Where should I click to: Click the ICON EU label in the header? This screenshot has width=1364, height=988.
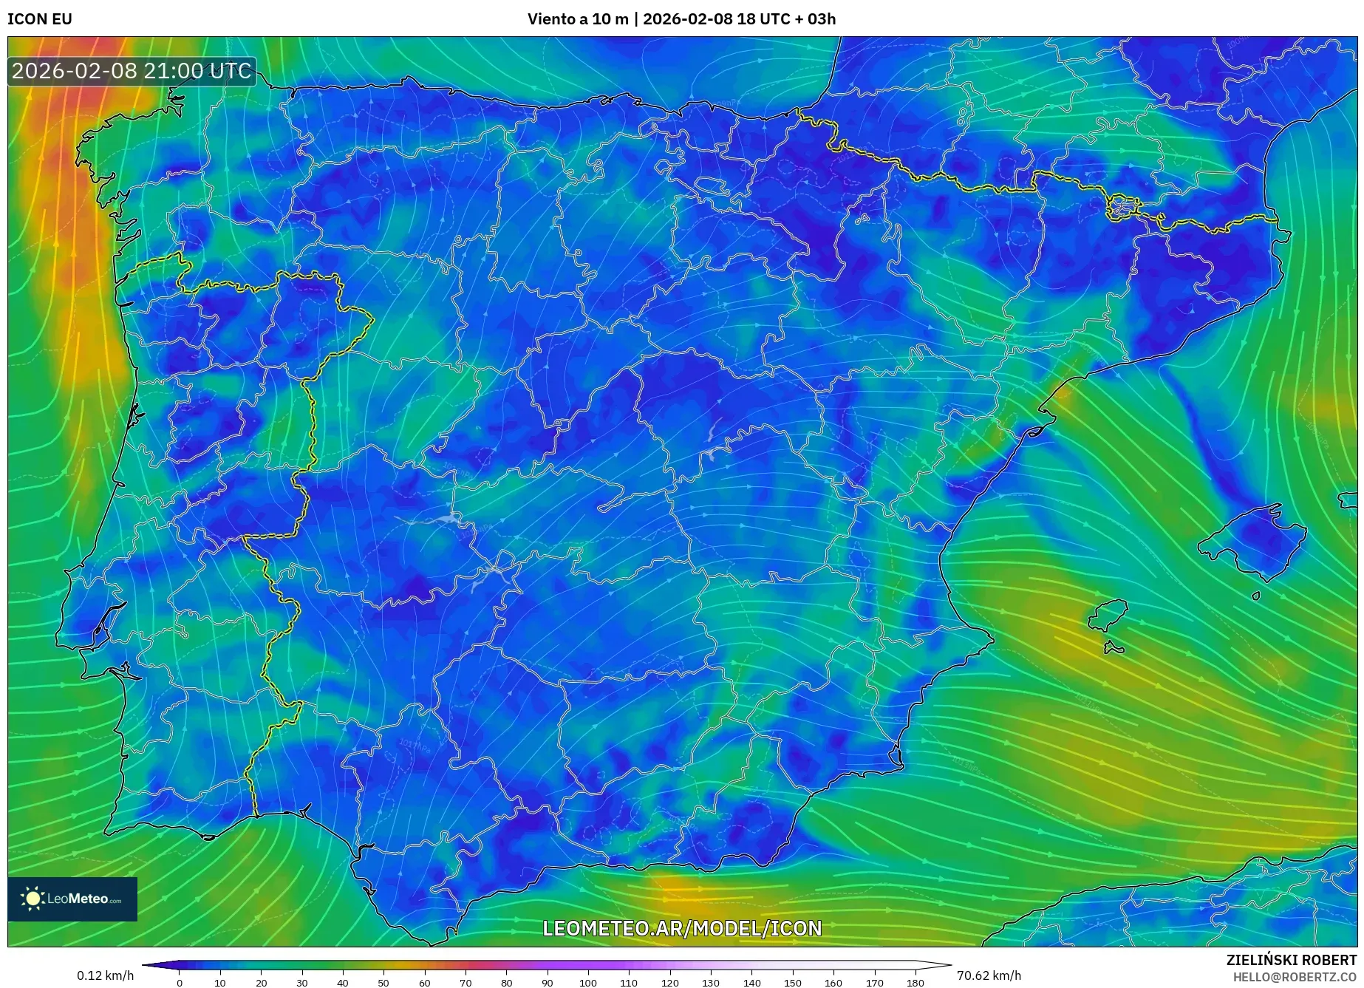[40, 19]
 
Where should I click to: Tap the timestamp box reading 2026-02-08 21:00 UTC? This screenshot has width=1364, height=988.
[132, 72]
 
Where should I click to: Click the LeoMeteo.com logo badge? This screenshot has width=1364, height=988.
[72, 899]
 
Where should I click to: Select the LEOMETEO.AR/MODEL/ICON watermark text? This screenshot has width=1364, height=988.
[682, 928]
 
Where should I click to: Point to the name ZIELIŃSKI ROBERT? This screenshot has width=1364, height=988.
[1291, 960]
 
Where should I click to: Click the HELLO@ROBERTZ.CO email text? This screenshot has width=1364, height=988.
[1294, 977]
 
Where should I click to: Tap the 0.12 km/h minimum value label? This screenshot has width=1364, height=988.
[106, 975]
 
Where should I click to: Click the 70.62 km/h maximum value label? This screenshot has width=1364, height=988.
[989, 975]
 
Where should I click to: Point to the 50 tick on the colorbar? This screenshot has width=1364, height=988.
[383, 983]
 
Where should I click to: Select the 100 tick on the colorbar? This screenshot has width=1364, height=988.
[588, 983]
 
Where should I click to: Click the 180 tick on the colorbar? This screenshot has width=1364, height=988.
[915, 983]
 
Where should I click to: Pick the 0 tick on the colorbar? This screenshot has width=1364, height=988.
[180, 983]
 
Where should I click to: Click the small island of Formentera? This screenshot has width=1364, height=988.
[1114, 649]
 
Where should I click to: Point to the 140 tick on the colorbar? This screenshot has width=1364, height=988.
[751, 983]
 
